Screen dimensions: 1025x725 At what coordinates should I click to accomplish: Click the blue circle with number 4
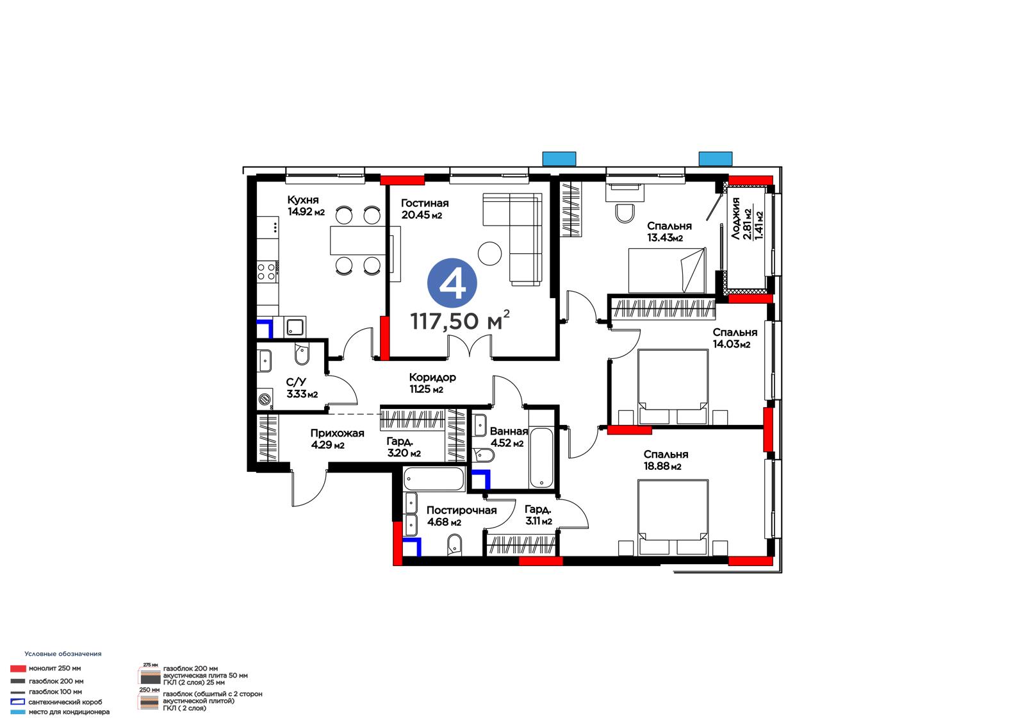pyautogui.click(x=452, y=283)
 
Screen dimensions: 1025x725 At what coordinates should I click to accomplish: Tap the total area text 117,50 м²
pyautogui.click(x=460, y=320)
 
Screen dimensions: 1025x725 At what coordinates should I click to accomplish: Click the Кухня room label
pyautogui.click(x=303, y=200)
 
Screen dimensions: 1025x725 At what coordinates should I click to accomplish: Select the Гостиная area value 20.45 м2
pyautogui.click(x=422, y=215)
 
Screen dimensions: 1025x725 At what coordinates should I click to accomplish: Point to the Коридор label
pyautogui.click(x=432, y=378)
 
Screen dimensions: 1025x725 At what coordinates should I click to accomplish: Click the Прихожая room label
pyautogui.click(x=337, y=433)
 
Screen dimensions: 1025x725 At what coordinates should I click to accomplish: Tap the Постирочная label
pyautogui.click(x=461, y=510)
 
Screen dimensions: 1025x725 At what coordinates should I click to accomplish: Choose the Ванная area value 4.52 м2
pyautogui.click(x=507, y=444)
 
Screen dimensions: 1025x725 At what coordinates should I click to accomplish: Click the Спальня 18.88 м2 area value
pyautogui.click(x=662, y=466)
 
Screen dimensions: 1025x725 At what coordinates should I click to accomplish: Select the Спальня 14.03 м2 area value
pyautogui.click(x=732, y=344)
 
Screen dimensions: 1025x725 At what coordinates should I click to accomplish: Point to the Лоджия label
pyautogui.click(x=735, y=219)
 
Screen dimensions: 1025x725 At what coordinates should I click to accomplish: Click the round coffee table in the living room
pyautogui.click(x=489, y=253)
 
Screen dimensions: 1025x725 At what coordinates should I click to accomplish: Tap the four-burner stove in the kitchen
pyautogui.click(x=266, y=271)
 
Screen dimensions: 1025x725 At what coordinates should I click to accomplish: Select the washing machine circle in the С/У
pyautogui.click(x=265, y=399)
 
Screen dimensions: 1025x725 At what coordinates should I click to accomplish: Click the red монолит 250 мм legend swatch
pyautogui.click(x=18, y=669)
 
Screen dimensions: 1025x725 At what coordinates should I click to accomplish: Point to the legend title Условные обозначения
pyautogui.click(x=63, y=654)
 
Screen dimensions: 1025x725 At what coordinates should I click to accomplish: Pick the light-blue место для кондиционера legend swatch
pyautogui.click(x=18, y=712)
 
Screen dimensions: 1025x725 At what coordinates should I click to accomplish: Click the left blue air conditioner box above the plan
pyautogui.click(x=559, y=158)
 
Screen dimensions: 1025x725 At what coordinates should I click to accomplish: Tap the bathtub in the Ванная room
pyautogui.click(x=541, y=458)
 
